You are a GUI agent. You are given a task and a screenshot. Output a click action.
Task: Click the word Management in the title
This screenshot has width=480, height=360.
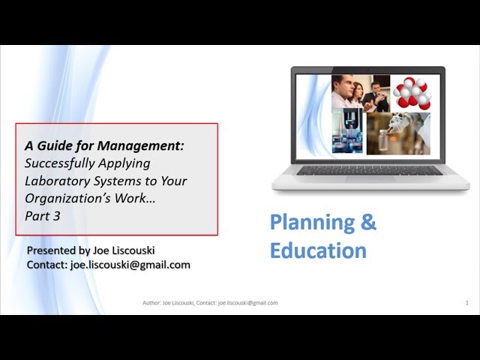pos(140,146)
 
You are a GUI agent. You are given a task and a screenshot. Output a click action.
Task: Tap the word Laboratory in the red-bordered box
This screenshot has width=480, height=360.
pos(57,181)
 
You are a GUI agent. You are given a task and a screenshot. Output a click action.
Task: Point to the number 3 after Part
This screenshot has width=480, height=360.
pos(57,216)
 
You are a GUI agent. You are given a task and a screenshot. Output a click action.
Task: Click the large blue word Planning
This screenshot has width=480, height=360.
pos(313,223)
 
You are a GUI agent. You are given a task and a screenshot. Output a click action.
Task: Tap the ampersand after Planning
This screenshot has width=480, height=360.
pos(368,222)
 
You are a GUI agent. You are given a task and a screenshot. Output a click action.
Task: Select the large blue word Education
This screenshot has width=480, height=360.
pos(318,250)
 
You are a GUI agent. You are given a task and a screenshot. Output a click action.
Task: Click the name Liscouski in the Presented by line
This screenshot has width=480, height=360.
pos(133,250)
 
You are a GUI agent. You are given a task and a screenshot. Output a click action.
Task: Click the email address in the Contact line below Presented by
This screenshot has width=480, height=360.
pos(130,265)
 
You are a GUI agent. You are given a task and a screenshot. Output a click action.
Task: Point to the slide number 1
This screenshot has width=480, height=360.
pos(466,303)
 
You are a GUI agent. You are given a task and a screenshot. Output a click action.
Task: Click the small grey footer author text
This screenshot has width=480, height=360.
pos(210,303)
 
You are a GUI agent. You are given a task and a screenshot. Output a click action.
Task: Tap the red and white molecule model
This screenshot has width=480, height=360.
pos(412,93)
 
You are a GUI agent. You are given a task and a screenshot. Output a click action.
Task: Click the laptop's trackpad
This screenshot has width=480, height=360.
pos(370,179)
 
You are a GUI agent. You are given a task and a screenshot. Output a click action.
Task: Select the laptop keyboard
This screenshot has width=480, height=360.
pos(369,170)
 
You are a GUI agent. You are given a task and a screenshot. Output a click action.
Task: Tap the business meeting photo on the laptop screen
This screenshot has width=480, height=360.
pos(361,93)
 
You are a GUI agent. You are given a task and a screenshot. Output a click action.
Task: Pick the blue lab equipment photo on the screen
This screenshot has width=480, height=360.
pos(347,130)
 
